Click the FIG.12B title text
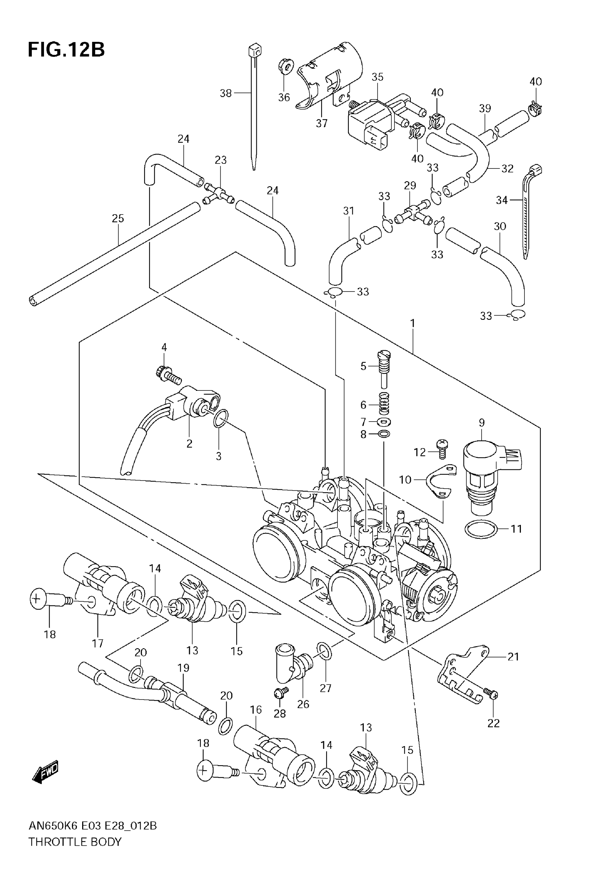point(66,49)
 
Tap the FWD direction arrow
point(46,770)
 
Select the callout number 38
point(226,93)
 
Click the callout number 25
point(118,218)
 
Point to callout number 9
point(482,423)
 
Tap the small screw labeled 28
point(280,691)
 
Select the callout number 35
point(377,77)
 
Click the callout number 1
point(413,323)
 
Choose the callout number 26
point(303,704)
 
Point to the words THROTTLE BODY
point(75,842)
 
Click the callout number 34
point(501,200)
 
